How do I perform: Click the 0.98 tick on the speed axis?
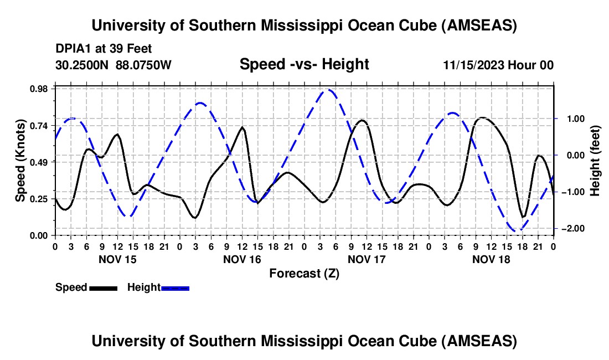click(39, 88)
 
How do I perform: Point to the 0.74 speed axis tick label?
click(39, 125)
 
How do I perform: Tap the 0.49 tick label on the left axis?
click(39, 162)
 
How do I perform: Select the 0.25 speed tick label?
click(39, 199)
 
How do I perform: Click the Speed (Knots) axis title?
click(20, 161)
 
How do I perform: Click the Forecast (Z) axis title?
click(304, 273)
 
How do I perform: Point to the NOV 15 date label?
click(117, 259)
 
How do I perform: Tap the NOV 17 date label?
click(367, 259)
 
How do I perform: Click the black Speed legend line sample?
click(102, 287)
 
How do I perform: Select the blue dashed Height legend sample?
click(175, 287)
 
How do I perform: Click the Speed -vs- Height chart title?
click(304, 65)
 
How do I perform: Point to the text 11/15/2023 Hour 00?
click(498, 65)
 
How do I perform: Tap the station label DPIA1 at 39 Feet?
click(104, 49)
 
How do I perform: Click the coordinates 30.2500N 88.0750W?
click(113, 65)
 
